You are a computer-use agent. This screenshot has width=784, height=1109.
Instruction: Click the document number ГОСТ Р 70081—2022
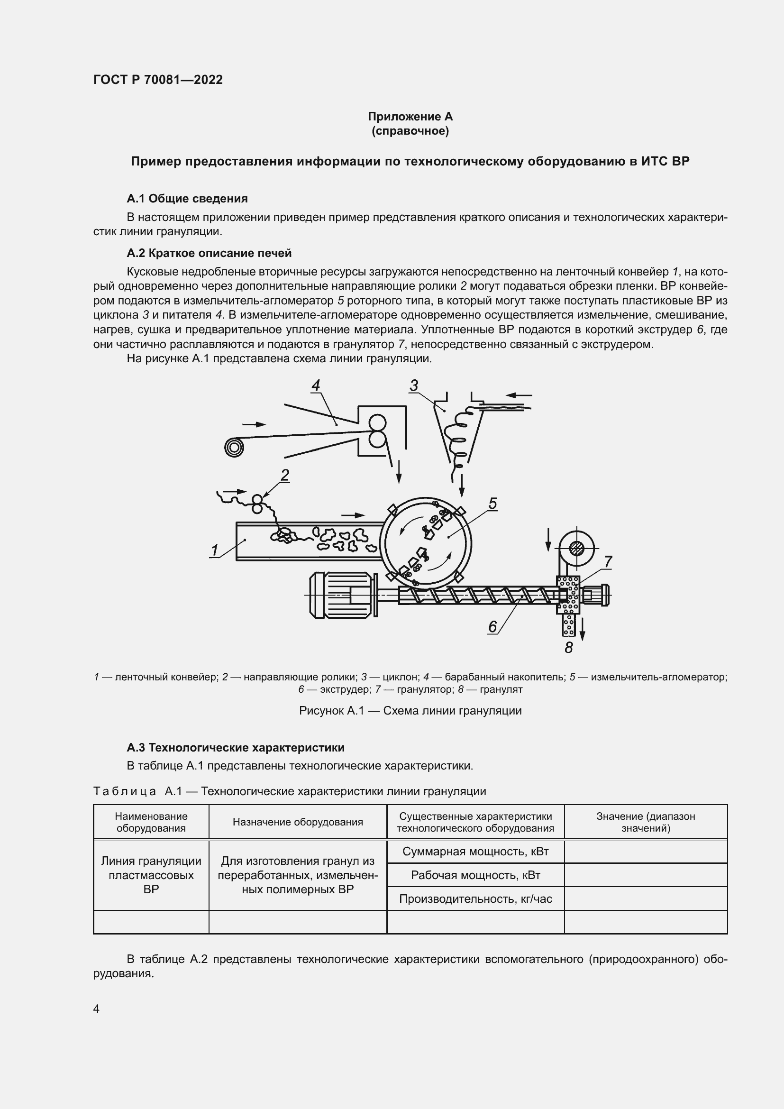(158, 80)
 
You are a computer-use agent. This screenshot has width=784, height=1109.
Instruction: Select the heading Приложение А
(410, 117)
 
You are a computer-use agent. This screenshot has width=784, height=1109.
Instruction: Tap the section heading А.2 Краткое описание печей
(209, 253)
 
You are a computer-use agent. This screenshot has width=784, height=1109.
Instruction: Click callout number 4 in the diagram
(316, 385)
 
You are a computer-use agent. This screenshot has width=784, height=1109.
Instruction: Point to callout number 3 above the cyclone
(414, 385)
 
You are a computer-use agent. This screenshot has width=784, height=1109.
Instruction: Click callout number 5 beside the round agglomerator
(492, 504)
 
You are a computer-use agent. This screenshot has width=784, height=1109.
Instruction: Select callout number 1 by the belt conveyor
(214, 550)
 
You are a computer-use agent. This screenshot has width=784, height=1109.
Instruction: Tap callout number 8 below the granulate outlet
(569, 648)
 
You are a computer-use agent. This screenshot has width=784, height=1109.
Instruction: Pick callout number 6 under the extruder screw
(492, 626)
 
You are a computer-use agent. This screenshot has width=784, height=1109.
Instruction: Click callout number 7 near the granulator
(608, 561)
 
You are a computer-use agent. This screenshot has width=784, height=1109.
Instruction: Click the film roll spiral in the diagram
(234, 448)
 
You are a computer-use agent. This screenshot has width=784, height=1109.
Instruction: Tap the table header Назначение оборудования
(297, 822)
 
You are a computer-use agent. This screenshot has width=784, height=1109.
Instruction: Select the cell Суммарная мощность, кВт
(475, 851)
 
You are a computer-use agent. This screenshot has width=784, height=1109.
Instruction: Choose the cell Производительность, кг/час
(475, 898)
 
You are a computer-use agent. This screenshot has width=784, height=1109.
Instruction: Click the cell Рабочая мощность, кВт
(475, 875)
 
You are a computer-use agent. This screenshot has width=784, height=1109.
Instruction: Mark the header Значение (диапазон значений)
(646, 822)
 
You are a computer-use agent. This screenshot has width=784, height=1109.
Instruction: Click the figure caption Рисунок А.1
(410, 711)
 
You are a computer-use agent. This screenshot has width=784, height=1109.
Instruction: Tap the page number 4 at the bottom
(96, 1008)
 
